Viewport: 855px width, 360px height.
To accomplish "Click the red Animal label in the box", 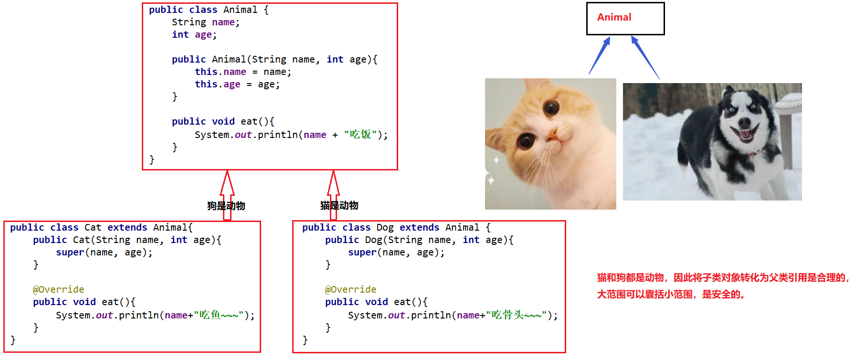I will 614,17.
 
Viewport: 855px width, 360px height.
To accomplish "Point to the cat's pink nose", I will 553,136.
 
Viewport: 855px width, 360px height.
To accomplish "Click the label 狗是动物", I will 226,206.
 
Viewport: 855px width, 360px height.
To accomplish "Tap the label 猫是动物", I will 339,205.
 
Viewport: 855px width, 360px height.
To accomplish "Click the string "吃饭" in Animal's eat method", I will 360,135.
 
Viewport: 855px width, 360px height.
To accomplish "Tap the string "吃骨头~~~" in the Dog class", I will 516,315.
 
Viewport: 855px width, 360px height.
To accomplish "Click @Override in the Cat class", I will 58,289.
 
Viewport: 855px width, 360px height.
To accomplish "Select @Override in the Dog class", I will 350,289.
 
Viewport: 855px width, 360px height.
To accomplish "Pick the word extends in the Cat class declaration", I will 127,227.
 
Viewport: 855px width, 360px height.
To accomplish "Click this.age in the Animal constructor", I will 217,84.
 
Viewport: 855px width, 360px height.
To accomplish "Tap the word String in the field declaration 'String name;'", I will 189,22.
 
